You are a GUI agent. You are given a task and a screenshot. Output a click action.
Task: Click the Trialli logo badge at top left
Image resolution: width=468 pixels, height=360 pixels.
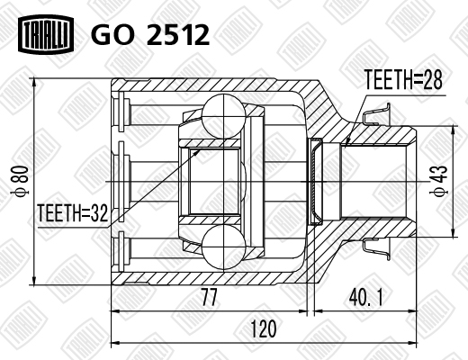tap(46, 34)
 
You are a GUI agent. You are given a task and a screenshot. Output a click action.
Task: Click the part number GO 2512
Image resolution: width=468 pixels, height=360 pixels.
tap(150, 35)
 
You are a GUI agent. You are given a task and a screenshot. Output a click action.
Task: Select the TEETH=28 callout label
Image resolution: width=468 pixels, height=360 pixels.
tap(403, 79)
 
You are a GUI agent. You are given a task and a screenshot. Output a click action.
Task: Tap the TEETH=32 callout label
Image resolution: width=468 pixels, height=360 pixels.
tap(72, 213)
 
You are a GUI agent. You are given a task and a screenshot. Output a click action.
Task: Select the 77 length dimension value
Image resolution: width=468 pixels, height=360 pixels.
tap(209, 297)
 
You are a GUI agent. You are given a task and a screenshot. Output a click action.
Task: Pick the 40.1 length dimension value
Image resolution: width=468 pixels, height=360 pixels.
tap(365, 297)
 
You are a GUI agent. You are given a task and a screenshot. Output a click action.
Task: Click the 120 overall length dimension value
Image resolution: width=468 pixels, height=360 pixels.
tap(263, 328)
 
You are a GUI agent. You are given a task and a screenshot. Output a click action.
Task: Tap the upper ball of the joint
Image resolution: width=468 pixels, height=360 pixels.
tap(224, 116)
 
